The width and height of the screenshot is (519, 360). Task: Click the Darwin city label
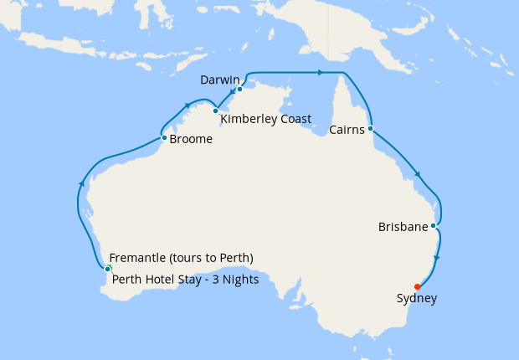pyautogui.click(x=221, y=80)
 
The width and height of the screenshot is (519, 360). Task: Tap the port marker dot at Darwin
pyautogui.click(x=239, y=89)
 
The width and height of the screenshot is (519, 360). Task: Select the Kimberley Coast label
pyautogui.click(x=265, y=120)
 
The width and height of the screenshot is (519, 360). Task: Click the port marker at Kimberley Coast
pyautogui.click(x=215, y=111)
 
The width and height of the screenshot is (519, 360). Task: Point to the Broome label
pyautogui.click(x=191, y=140)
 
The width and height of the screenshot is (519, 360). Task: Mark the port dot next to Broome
pyautogui.click(x=164, y=137)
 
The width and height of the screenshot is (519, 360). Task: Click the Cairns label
pyautogui.click(x=347, y=131)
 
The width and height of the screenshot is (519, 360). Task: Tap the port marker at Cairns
pyautogui.click(x=370, y=129)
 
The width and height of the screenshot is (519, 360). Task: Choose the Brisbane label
pyautogui.click(x=403, y=227)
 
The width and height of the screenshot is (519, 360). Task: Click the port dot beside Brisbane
pyautogui.click(x=433, y=225)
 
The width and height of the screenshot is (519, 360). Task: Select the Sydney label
pyautogui.click(x=417, y=298)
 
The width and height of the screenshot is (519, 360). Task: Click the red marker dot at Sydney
pyautogui.click(x=418, y=286)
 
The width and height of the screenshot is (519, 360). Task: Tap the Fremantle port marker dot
pyautogui.click(x=108, y=269)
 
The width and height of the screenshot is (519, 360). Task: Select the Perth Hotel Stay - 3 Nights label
pyautogui.click(x=185, y=280)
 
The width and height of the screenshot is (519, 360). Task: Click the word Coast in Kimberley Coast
pyautogui.click(x=295, y=120)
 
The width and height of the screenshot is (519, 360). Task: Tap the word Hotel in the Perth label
pyautogui.click(x=160, y=280)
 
